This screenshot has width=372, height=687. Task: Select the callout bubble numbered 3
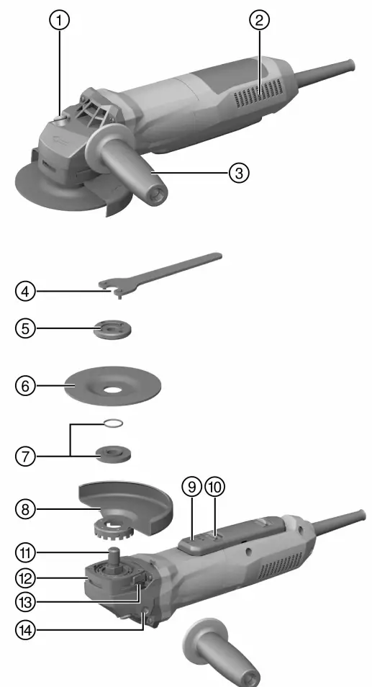pos(239,173)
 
